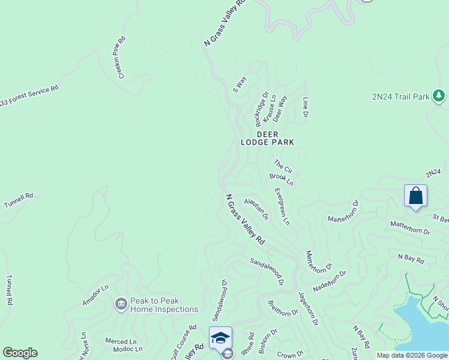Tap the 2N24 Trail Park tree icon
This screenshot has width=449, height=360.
coord(439,96)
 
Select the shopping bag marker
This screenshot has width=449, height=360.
coord(415,196)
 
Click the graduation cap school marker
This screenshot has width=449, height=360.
coord(220,338)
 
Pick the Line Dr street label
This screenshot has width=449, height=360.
coord(306,107)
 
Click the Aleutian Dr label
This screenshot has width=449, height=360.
coord(256,209)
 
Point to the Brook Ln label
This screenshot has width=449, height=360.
coord(281,179)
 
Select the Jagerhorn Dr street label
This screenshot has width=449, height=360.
coord(307,309)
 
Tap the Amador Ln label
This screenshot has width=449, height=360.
coord(95,296)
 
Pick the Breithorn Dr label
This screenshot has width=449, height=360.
coord(283,308)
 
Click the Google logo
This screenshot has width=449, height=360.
coord(20,353)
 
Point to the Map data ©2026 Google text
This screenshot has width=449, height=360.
coord(412,355)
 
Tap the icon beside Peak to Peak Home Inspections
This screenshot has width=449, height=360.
coord(121,305)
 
